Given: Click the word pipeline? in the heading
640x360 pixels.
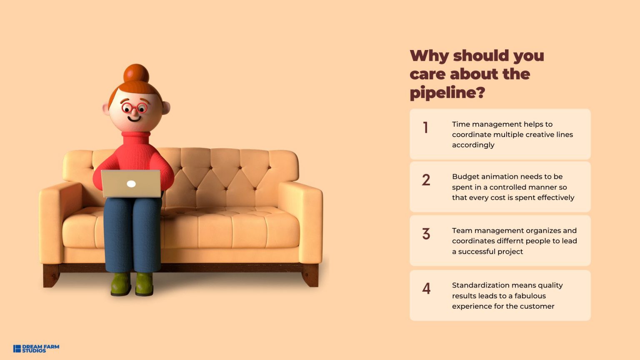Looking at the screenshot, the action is [x=447, y=93].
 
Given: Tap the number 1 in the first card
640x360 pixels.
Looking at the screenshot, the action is [x=426, y=127].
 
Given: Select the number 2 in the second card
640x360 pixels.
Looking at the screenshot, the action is [x=426, y=180].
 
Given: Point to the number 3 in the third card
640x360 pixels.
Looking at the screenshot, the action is [x=426, y=234].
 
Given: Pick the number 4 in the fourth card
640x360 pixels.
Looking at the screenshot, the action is [x=426, y=288].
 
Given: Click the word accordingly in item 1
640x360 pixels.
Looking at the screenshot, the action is [x=473, y=145].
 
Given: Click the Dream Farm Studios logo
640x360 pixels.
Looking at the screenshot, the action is [x=36, y=349].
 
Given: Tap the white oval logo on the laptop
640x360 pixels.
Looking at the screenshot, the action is [x=131, y=184].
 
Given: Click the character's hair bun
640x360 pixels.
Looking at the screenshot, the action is [x=136, y=74].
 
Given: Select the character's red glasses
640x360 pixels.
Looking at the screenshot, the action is [x=134, y=108].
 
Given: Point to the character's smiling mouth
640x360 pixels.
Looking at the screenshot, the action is [x=134, y=119].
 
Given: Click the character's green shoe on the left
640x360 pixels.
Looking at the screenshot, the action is [x=121, y=284].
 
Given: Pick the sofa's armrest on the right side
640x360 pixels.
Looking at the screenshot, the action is [x=300, y=221].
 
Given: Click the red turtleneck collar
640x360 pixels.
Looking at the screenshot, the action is [x=136, y=137].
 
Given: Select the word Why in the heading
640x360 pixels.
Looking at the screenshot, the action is [x=429, y=56].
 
